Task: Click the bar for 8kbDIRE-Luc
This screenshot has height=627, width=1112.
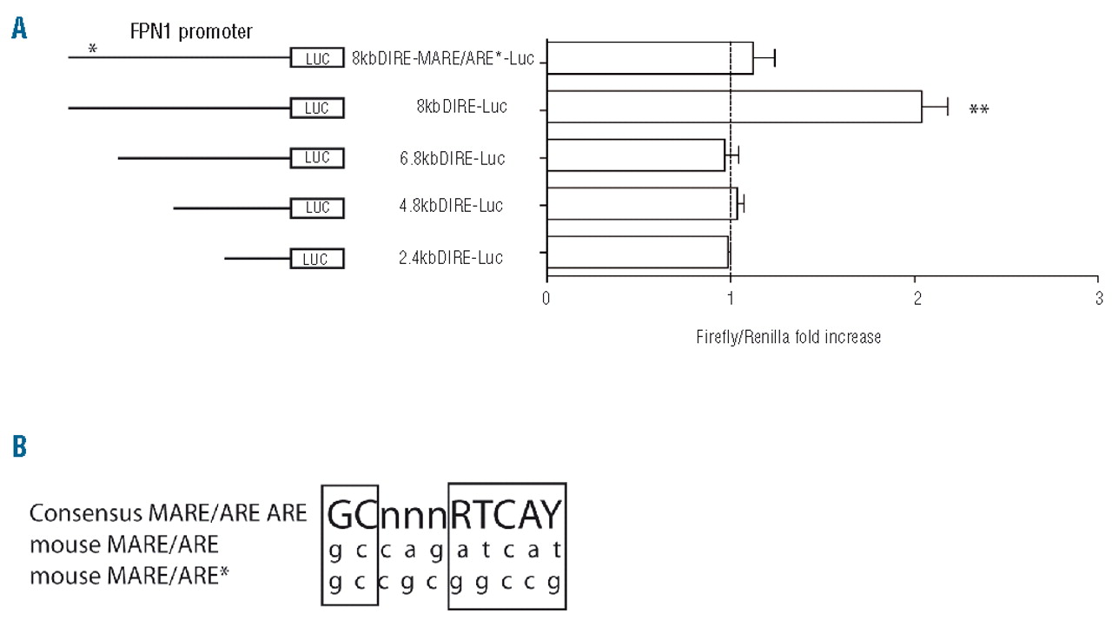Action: point(734,106)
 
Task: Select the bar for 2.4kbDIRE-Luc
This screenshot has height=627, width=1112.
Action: point(637,253)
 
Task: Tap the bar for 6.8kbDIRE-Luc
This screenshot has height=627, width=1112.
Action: point(635,155)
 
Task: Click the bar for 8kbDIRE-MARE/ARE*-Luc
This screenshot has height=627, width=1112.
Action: point(650,58)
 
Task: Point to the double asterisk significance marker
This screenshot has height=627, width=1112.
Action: point(979,110)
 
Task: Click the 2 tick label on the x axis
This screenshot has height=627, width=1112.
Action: point(915,299)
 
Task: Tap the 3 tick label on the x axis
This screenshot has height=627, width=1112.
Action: point(1098,299)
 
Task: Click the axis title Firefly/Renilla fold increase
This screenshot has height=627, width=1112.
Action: point(788,337)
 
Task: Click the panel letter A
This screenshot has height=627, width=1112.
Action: point(19,30)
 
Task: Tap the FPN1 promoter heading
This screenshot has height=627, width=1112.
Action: point(191,32)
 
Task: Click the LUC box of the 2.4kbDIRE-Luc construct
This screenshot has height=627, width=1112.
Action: point(317,259)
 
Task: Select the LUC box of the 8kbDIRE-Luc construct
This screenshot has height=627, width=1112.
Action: point(317,109)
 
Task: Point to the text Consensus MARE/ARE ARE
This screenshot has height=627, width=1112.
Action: point(168,513)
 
